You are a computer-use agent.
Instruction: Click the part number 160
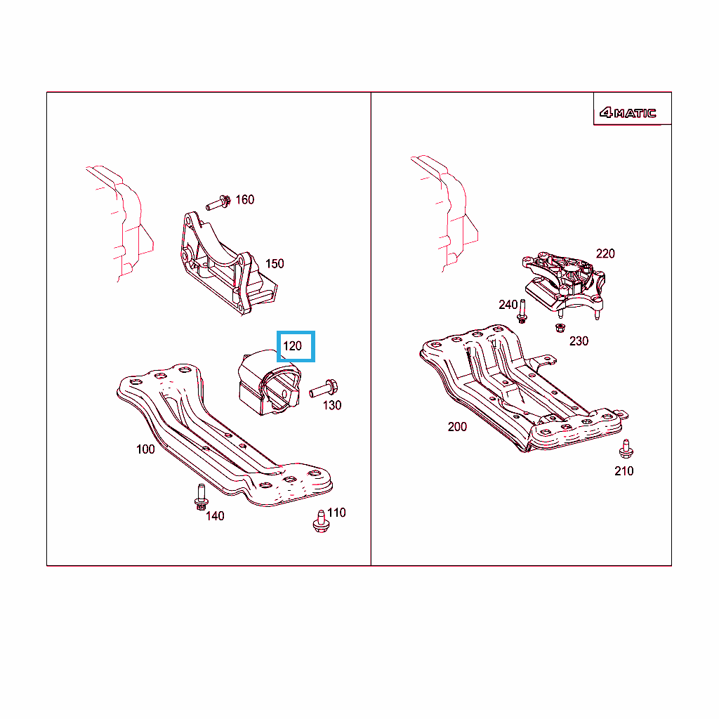tap(244, 199)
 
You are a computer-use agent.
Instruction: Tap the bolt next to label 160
tap(218, 203)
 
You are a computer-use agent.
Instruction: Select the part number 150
tap(275, 264)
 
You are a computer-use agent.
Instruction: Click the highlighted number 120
tap(293, 345)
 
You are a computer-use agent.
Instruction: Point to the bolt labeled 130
tap(324, 389)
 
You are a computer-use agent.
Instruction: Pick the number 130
tap(332, 405)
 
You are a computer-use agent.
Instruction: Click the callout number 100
tap(145, 449)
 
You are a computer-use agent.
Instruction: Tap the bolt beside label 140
tap(201, 497)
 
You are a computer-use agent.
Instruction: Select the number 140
tap(215, 516)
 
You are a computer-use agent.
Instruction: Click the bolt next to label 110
tap(321, 522)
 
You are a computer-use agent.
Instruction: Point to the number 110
tap(336, 513)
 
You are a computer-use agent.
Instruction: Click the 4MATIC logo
tap(628, 112)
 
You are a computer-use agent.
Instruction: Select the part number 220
tap(605, 253)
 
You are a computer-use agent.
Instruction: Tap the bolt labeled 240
tap(522, 312)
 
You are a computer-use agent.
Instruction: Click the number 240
tap(508, 305)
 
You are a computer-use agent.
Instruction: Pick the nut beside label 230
tap(560, 328)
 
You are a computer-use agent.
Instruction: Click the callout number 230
tap(579, 341)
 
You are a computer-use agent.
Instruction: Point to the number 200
tap(457, 427)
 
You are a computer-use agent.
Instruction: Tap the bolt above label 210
tap(626, 449)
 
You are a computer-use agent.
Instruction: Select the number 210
tap(624, 471)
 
